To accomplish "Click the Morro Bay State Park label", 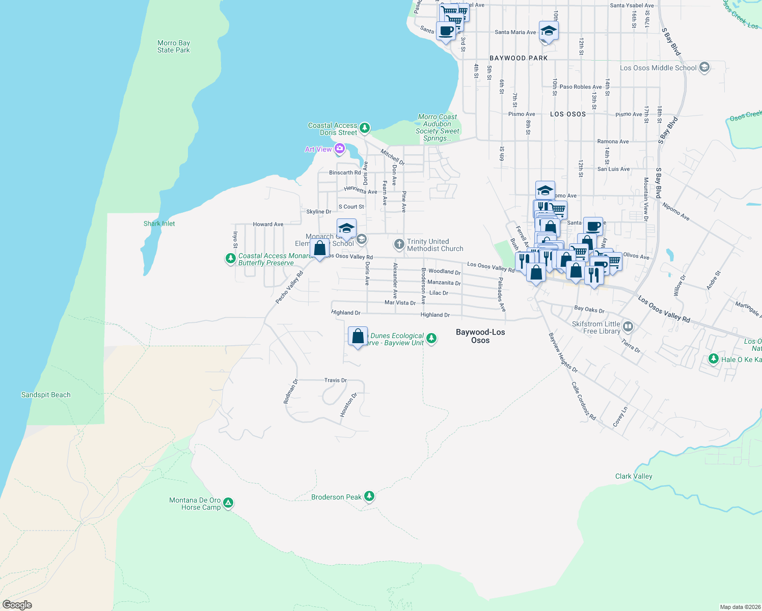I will point(173,47).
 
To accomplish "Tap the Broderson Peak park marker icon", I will point(369,496).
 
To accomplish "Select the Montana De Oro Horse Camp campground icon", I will point(228,503).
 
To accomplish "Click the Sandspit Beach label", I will point(46,395).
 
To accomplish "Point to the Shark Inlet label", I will point(159,224).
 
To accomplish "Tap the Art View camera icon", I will point(340,149).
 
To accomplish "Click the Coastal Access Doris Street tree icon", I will point(364,127).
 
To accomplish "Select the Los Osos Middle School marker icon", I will point(704,67).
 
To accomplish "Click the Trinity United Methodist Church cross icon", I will point(399,244).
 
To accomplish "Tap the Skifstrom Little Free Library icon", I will point(628,326).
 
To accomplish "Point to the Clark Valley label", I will point(634,477).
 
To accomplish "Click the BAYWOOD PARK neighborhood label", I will point(519,58).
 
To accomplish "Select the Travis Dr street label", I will point(336,380).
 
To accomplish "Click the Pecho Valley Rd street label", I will point(289,288).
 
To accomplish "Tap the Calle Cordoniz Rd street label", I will point(583,401).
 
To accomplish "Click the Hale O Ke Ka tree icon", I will point(714,359).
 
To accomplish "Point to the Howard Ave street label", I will point(268,224).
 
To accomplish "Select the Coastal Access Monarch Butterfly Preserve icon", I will point(231,259).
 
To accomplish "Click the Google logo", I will point(17,605).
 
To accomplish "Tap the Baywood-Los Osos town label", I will point(480,336).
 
